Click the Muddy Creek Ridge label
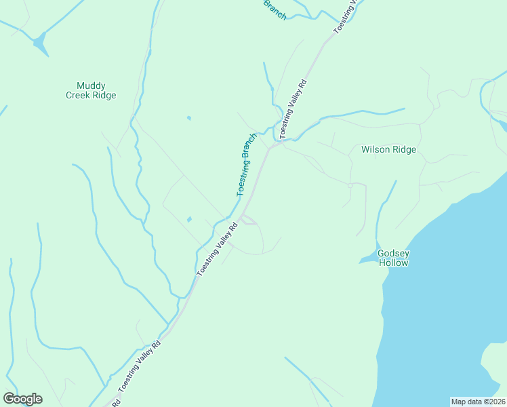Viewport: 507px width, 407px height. point(91,90)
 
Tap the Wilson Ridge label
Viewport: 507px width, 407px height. point(388,149)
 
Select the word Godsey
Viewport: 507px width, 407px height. point(394,253)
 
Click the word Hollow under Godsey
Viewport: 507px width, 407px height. point(394,263)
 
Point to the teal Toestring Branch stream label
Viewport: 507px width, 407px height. point(247,164)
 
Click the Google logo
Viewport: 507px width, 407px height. point(22,399)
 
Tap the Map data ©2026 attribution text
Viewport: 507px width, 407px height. point(479,402)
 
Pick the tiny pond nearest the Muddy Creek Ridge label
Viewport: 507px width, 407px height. point(188,118)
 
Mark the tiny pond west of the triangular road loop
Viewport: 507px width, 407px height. point(189,219)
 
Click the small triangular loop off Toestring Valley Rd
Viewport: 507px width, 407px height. point(247,219)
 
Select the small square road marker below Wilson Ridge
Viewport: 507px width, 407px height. point(350,185)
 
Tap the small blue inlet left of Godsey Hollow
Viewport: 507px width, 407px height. point(368,259)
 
